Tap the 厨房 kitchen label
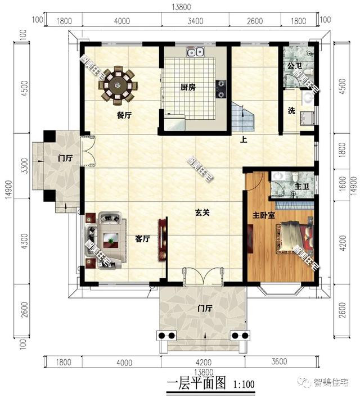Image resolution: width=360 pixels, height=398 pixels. pyautogui.click(x=188, y=87)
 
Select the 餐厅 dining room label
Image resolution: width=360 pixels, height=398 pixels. pyautogui.click(x=124, y=115)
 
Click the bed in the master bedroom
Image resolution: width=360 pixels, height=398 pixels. pyautogui.click(x=292, y=239)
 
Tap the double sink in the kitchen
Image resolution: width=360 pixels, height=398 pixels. pyautogui.click(x=196, y=53)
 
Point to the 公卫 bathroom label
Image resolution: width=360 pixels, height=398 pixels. pyautogui.click(x=294, y=66)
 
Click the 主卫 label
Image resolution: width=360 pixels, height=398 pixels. pyautogui.click(x=301, y=184)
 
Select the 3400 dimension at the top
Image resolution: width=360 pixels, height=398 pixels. pyautogui.click(x=195, y=21)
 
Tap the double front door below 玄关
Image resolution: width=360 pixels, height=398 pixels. pyautogui.click(x=204, y=277)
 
